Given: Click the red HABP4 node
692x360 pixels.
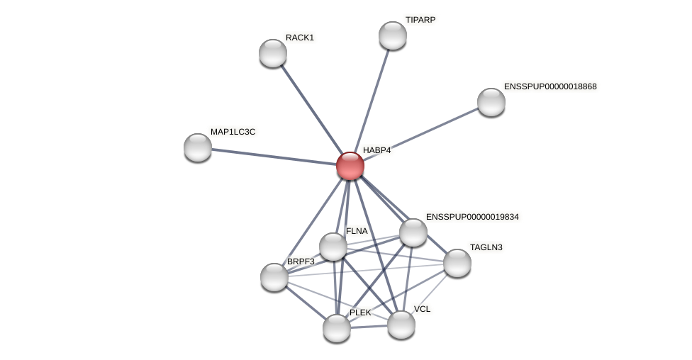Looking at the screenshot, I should [x=350, y=166].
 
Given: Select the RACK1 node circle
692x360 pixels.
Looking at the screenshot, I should [x=273, y=53].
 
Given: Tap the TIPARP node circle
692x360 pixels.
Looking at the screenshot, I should [x=393, y=35].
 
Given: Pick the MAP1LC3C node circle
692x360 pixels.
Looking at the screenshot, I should [x=198, y=147].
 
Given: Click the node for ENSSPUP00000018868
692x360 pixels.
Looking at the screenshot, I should [x=491, y=102].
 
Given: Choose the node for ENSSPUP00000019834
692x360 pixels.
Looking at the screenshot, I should [x=413, y=232].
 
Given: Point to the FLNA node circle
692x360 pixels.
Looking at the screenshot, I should [x=333, y=247].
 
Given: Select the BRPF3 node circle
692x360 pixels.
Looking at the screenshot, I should [x=274, y=277].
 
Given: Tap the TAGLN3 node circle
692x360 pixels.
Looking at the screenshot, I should [x=457, y=263].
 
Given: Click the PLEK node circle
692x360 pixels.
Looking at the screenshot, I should [x=337, y=328].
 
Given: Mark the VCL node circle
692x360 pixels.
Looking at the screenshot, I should [x=401, y=325].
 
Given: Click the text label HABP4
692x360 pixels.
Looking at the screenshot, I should [x=376, y=150].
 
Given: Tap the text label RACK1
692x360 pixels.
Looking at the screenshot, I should [x=300, y=38].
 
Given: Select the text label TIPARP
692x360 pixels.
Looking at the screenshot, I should [x=420, y=20].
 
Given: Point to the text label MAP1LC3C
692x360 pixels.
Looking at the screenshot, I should [x=233, y=132].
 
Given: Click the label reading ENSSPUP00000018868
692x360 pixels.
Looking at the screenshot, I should [x=550, y=86].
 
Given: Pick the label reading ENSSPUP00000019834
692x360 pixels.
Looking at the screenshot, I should [x=472, y=217].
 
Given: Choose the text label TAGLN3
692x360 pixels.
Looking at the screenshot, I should [x=486, y=247].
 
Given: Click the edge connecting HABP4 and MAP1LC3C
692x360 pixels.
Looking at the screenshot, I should [x=274, y=157].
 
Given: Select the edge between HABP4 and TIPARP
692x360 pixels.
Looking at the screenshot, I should [x=372, y=101].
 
